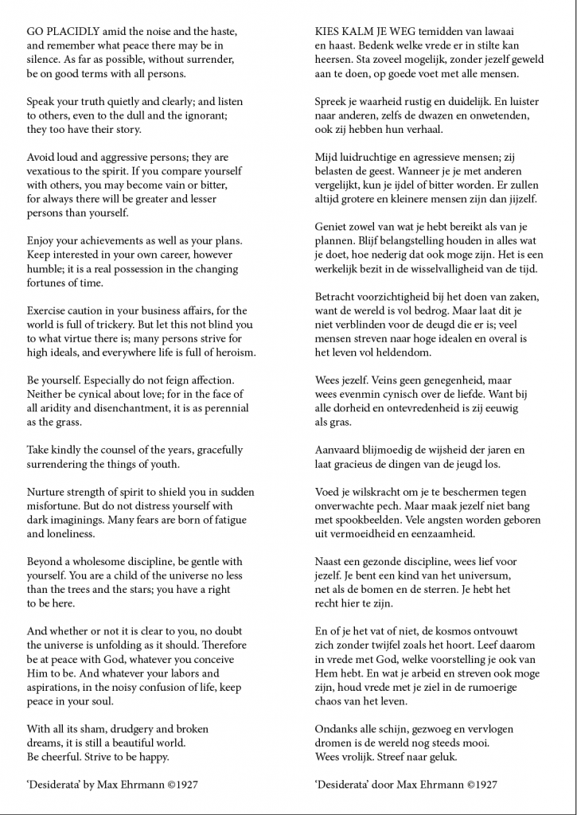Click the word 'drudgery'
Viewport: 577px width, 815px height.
click(x=139, y=728)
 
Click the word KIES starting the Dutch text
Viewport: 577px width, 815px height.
click(x=329, y=30)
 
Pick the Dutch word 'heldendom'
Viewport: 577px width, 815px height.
click(x=386, y=352)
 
